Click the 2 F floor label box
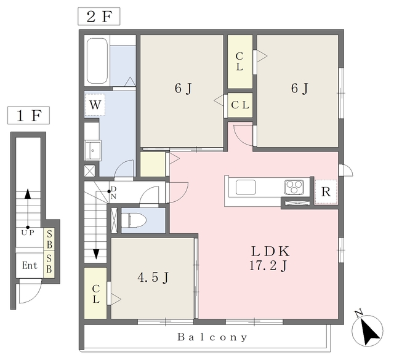[98, 17]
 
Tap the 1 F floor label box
[28, 115]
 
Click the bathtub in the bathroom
[97, 61]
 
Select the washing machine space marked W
[95, 105]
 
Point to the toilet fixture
[134, 220]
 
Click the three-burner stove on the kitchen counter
[293, 187]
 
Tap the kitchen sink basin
[246, 187]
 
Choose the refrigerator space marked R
[326, 192]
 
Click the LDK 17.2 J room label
[270, 258]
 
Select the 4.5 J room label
[153, 278]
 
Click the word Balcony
[212, 337]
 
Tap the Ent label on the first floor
[30, 265]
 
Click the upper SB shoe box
[49, 239]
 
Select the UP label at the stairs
[27, 233]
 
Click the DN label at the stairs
[113, 193]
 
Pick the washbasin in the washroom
[93, 151]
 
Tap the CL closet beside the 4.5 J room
[95, 294]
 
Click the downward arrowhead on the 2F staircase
[96, 254]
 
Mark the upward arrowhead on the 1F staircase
[27, 194]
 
